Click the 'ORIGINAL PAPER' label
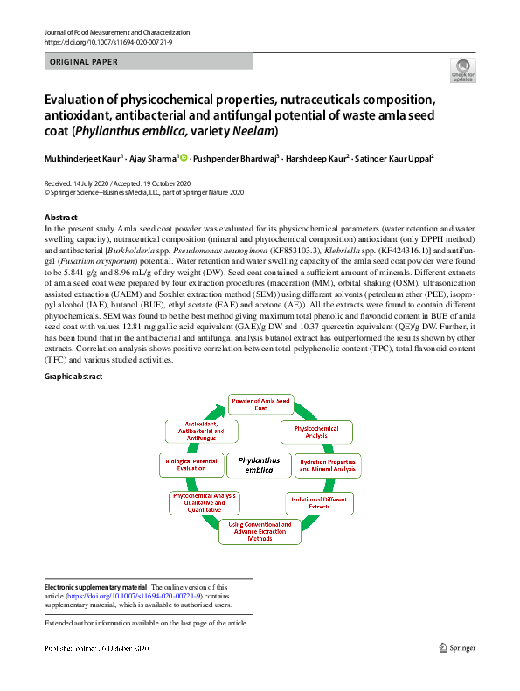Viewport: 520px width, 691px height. [84, 62]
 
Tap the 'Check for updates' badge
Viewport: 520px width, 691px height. [462, 71]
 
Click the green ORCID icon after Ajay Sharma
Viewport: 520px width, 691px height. [184, 157]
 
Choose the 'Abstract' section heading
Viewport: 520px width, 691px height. [61, 217]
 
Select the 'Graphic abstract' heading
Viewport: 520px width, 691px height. [73, 377]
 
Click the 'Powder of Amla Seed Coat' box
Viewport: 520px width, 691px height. [260, 404]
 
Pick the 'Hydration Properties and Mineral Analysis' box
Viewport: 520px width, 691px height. [328, 465]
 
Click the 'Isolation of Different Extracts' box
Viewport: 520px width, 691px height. [320, 501]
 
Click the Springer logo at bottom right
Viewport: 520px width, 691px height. [457, 647]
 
